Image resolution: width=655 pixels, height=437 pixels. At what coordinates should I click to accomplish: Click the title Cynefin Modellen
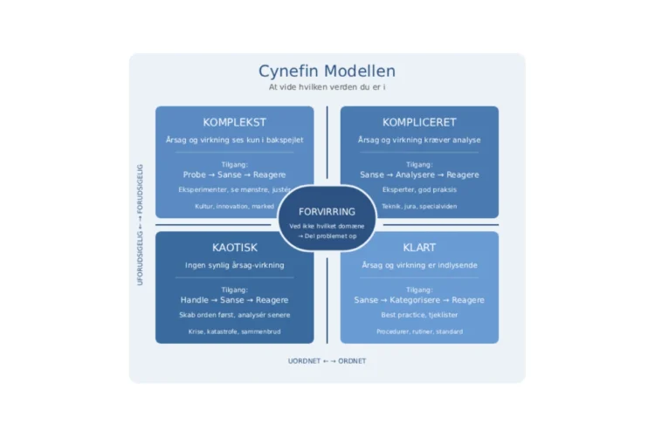pos(327,72)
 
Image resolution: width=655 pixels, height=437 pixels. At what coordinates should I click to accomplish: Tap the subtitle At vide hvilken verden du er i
pos(327,87)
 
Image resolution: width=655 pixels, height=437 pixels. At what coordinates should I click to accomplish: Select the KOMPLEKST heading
pos(234,122)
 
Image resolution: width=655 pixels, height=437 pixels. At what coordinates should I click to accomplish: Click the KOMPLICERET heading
pos(419,122)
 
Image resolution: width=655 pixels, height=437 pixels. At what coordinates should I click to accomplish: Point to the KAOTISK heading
pos(234,248)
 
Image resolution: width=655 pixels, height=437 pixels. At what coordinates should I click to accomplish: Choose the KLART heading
pos(419,248)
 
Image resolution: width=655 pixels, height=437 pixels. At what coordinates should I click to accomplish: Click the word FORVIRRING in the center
pos(327,212)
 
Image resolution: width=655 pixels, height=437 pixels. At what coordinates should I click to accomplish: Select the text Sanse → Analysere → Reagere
pos(419,174)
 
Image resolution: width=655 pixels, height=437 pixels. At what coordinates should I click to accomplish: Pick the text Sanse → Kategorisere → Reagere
pos(419,300)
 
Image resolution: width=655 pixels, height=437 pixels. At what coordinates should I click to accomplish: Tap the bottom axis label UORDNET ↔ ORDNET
pos(327,361)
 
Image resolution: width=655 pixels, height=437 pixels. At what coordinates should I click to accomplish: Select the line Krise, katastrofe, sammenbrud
pos(234,331)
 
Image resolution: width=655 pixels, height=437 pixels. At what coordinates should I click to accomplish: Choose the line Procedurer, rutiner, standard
pos(419,331)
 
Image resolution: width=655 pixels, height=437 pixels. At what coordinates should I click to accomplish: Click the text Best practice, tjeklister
pos(419,315)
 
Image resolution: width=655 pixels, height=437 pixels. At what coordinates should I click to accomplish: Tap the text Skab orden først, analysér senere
pos(234,315)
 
